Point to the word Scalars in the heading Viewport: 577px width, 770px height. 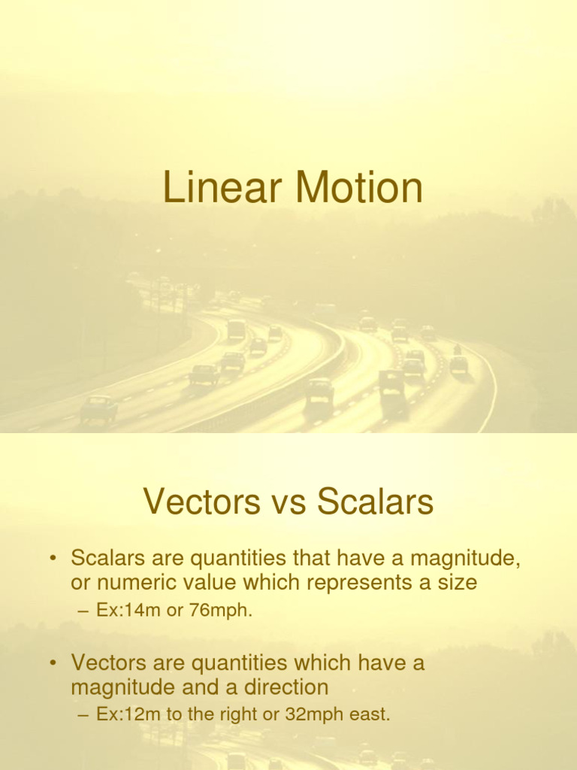coord(375,502)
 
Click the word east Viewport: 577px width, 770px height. coord(371,714)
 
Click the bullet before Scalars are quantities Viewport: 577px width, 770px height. coord(53,559)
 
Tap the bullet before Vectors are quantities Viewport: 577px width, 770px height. coord(53,663)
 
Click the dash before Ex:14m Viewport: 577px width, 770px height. coord(83,611)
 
